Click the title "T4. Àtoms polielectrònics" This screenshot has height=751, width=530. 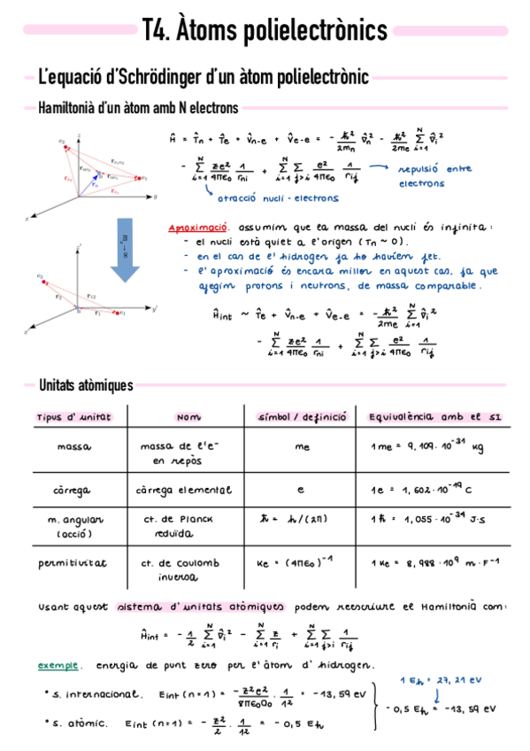(x=265, y=32)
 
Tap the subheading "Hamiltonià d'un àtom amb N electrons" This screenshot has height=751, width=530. (x=138, y=109)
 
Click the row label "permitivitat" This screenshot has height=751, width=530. (x=73, y=562)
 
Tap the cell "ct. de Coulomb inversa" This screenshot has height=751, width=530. (x=174, y=569)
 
